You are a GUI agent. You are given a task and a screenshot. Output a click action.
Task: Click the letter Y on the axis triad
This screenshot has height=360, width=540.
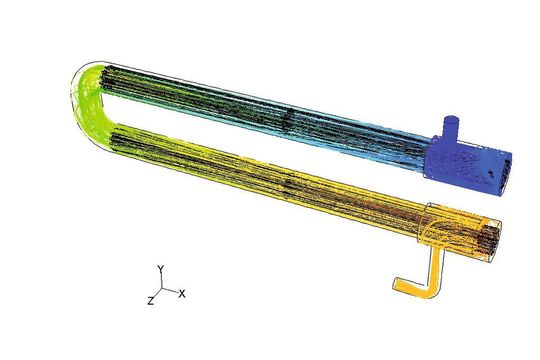click(160, 268)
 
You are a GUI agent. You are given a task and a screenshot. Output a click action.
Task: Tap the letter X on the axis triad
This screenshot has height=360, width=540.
click(183, 293)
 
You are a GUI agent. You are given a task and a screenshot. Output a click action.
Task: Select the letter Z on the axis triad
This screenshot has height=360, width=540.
click(150, 300)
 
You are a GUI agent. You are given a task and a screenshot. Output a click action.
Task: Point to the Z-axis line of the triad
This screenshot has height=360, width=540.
click(156, 295)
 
